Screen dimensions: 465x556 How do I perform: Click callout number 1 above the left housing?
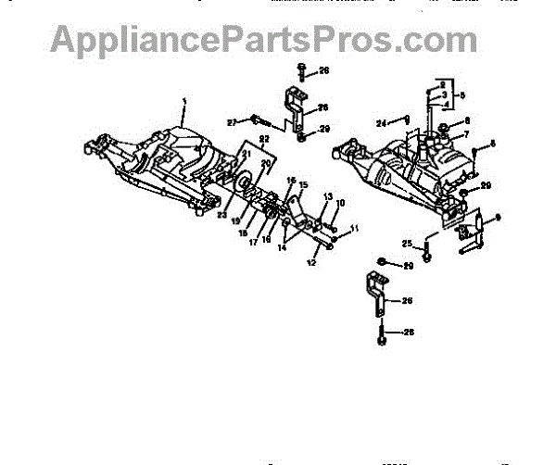tap(183, 99)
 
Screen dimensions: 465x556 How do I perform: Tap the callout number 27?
tap(233, 120)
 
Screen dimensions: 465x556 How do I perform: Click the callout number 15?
tap(301, 186)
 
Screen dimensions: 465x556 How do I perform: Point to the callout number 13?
tap(327, 196)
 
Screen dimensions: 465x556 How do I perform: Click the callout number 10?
tap(339, 203)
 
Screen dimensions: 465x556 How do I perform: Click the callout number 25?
tap(405, 243)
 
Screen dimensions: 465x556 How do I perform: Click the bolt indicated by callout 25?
tap(425, 251)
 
